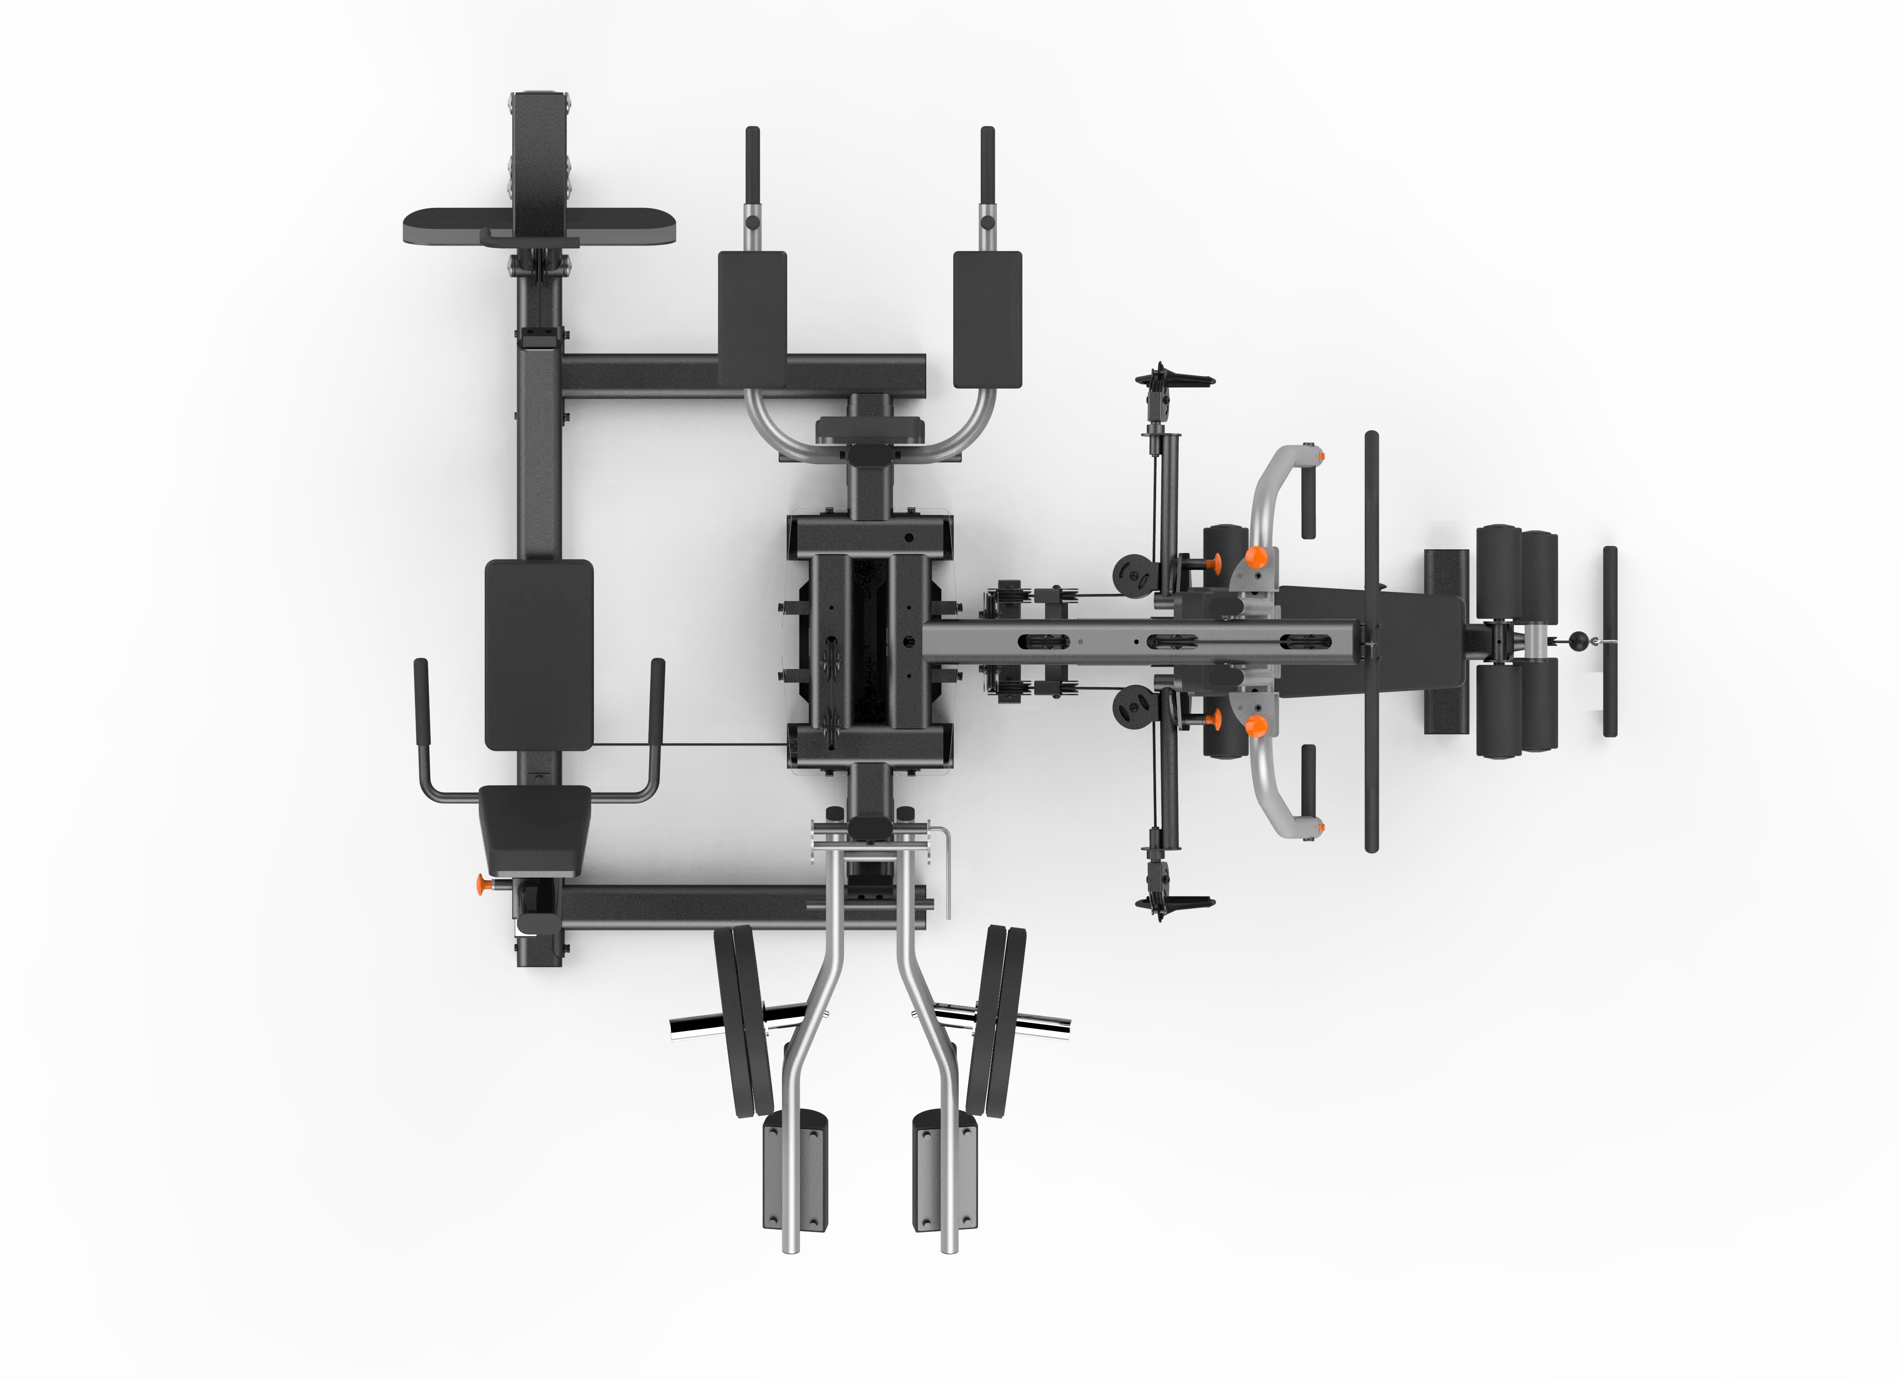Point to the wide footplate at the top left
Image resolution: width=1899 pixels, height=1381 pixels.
pos(539,226)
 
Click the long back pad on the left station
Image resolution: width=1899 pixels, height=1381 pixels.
pos(539,654)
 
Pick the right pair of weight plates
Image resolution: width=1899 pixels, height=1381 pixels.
pos(997,1021)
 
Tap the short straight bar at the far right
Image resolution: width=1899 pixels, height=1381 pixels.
pos(1609,642)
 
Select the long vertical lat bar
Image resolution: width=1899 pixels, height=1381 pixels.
pos(1372,642)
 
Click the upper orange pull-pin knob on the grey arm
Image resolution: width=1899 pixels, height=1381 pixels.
pos(1255,556)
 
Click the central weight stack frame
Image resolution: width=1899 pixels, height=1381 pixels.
pos(869,642)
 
